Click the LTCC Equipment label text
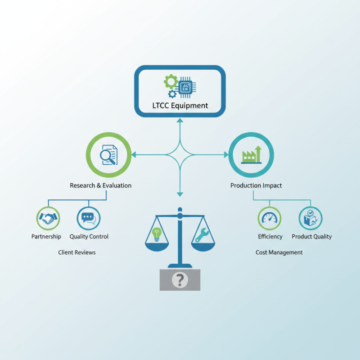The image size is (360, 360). [180, 106]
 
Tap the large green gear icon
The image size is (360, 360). [171, 81]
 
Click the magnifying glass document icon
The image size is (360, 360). [109, 155]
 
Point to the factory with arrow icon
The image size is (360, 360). [251, 154]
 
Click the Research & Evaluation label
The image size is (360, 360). [100, 185]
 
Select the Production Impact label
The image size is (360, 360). [256, 185]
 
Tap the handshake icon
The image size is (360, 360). [48, 218]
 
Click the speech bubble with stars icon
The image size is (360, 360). [89, 218]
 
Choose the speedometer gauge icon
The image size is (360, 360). [270, 218]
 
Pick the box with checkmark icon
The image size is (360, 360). [310, 218]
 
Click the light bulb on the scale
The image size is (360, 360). [157, 234]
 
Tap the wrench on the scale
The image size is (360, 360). [202, 235]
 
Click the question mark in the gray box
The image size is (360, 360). [180, 280]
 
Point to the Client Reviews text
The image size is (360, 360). [76, 252]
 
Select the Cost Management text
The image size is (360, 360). [279, 252]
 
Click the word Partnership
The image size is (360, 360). [46, 237]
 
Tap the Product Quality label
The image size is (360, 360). [312, 237]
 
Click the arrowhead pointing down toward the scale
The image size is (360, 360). [180, 194]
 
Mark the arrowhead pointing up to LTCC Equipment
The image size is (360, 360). [180, 120]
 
